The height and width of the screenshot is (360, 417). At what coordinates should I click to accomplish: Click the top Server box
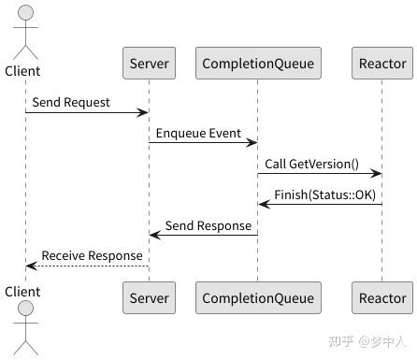click(x=149, y=64)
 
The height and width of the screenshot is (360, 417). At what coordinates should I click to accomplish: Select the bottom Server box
click(x=149, y=298)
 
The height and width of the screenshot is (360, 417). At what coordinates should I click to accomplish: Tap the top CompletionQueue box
click(x=258, y=64)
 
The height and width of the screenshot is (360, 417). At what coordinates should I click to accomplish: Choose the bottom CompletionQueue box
click(x=258, y=298)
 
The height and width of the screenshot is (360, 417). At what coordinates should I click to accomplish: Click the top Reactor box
click(x=382, y=64)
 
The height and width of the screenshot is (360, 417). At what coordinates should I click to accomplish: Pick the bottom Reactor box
click(x=382, y=298)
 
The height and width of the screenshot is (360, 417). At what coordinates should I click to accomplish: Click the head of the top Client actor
click(x=25, y=15)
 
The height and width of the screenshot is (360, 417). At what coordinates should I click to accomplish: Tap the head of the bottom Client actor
click(x=25, y=310)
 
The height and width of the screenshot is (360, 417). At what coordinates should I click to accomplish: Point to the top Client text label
click(x=23, y=71)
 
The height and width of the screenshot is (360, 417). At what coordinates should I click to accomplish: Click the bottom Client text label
click(x=23, y=291)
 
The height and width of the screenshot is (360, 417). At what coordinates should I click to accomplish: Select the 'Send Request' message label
click(x=70, y=101)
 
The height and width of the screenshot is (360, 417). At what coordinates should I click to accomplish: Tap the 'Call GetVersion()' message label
click(x=311, y=163)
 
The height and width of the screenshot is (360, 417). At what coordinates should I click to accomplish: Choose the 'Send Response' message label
click(x=208, y=224)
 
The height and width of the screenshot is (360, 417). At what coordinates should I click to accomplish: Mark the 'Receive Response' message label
click(x=92, y=254)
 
